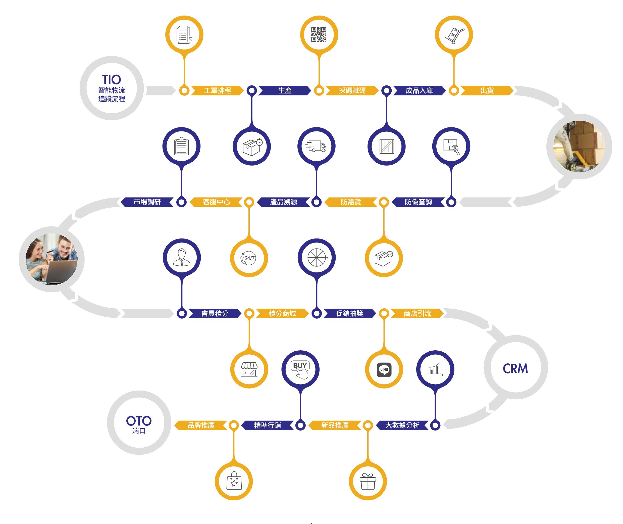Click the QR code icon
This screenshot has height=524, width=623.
319,34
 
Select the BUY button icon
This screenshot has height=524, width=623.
300,369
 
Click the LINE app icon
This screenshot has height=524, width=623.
384,369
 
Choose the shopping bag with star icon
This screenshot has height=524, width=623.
234,480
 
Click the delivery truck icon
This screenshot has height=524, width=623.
316,146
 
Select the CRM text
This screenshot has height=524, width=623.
515,369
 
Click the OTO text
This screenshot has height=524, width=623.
139,421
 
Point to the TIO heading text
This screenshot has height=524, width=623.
111,80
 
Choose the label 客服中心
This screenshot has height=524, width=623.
217,202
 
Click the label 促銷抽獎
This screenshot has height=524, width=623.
349,313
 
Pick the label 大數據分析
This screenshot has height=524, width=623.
402,425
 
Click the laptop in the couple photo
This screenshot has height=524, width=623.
61,271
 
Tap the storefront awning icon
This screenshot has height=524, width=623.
249,369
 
